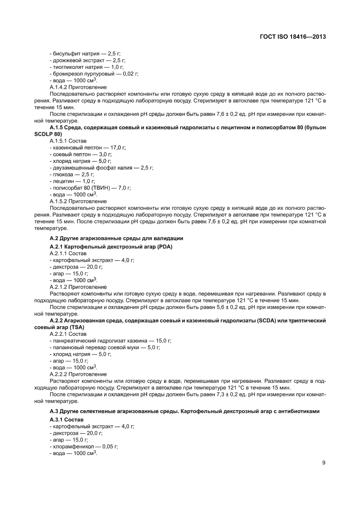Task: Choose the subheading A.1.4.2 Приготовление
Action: [x=78, y=87]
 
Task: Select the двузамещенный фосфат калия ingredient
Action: [x=101, y=168]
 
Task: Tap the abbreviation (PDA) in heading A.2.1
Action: [x=164, y=247]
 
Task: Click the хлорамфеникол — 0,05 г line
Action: [x=84, y=447]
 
